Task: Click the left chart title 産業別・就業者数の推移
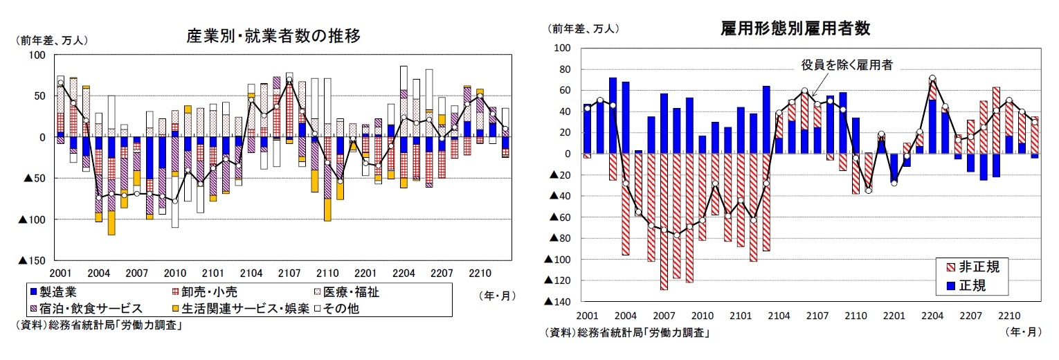(x=273, y=36)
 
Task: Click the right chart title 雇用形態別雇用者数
(x=795, y=28)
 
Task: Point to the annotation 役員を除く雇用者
(x=847, y=66)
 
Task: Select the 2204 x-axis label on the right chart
(x=932, y=316)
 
